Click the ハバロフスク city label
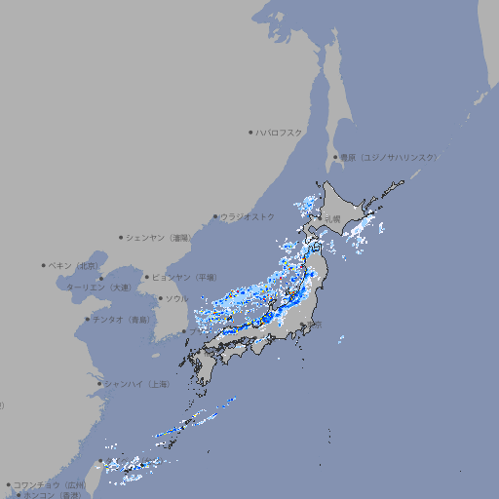[x=281, y=132]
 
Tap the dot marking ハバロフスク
[x=251, y=132]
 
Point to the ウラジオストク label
[x=249, y=216]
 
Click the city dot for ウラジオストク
[x=216, y=217]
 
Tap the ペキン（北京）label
[x=75, y=265]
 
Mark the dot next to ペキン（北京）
[x=44, y=265]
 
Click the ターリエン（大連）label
[x=97, y=288]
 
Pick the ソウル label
[x=176, y=298]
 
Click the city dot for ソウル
[x=160, y=298]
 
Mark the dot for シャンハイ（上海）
[x=99, y=384]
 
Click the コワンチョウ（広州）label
[x=49, y=484]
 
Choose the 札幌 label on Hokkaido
[x=334, y=219]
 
